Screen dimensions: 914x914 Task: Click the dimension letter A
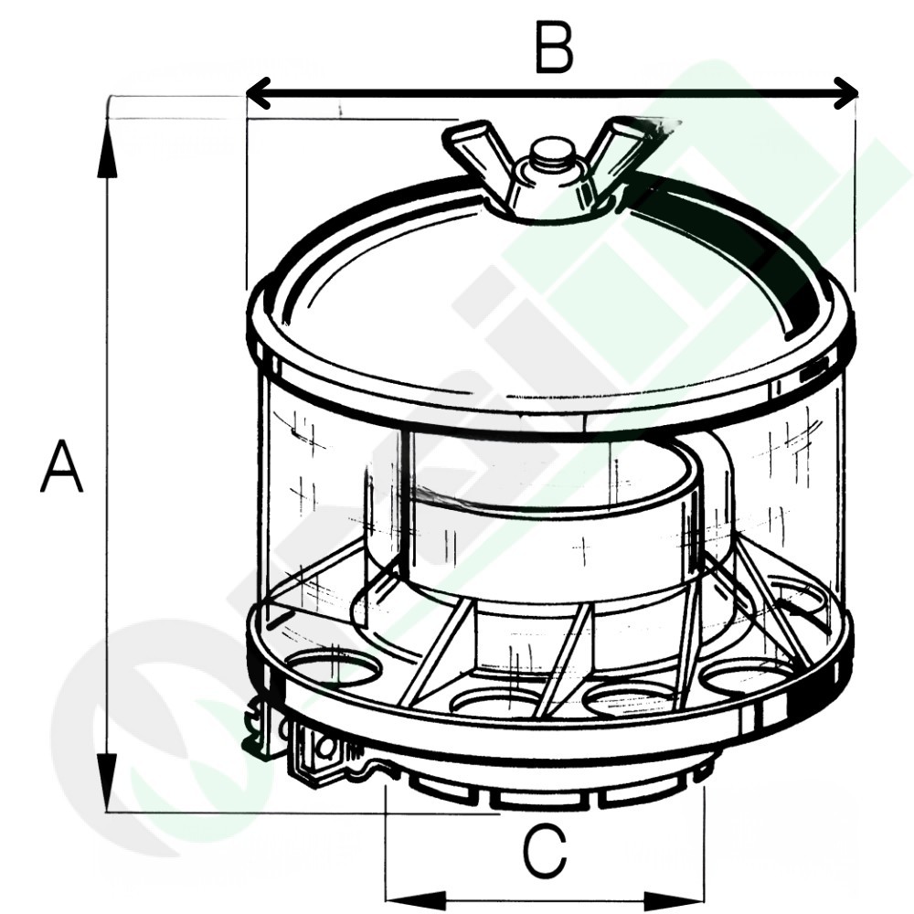coord(61,466)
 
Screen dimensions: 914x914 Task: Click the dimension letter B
coord(555,48)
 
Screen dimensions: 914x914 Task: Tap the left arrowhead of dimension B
coord(259,92)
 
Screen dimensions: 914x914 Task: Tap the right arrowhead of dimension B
coord(846,92)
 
